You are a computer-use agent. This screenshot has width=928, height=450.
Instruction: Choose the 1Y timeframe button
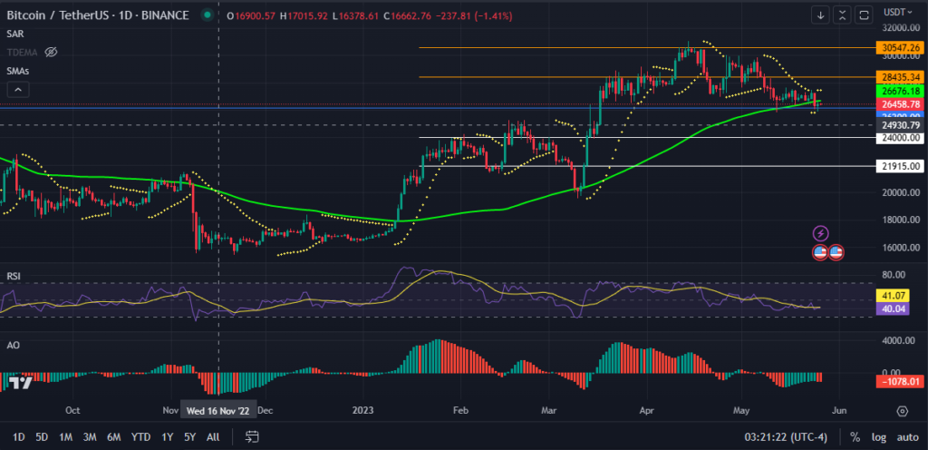[x=168, y=436]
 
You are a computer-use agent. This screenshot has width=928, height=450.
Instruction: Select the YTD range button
[x=140, y=436]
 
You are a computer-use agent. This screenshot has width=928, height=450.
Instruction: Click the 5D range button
[x=42, y=436]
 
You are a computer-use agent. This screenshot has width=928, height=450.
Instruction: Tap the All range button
[x=213, y=436]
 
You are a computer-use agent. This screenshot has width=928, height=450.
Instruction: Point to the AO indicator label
[x=13, y=346]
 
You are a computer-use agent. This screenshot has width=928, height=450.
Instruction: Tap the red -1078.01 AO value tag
[x=896, y=381]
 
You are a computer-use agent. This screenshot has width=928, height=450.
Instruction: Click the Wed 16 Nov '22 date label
[x=219, y=410]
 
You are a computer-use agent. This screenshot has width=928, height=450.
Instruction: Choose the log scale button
[x=877, y=436]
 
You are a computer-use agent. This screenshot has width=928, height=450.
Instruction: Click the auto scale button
[x=906, y=436]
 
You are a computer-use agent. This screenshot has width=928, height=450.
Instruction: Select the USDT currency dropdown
[x=896, y=14]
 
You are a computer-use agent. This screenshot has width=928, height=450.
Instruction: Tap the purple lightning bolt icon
[x=821, y=233]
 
